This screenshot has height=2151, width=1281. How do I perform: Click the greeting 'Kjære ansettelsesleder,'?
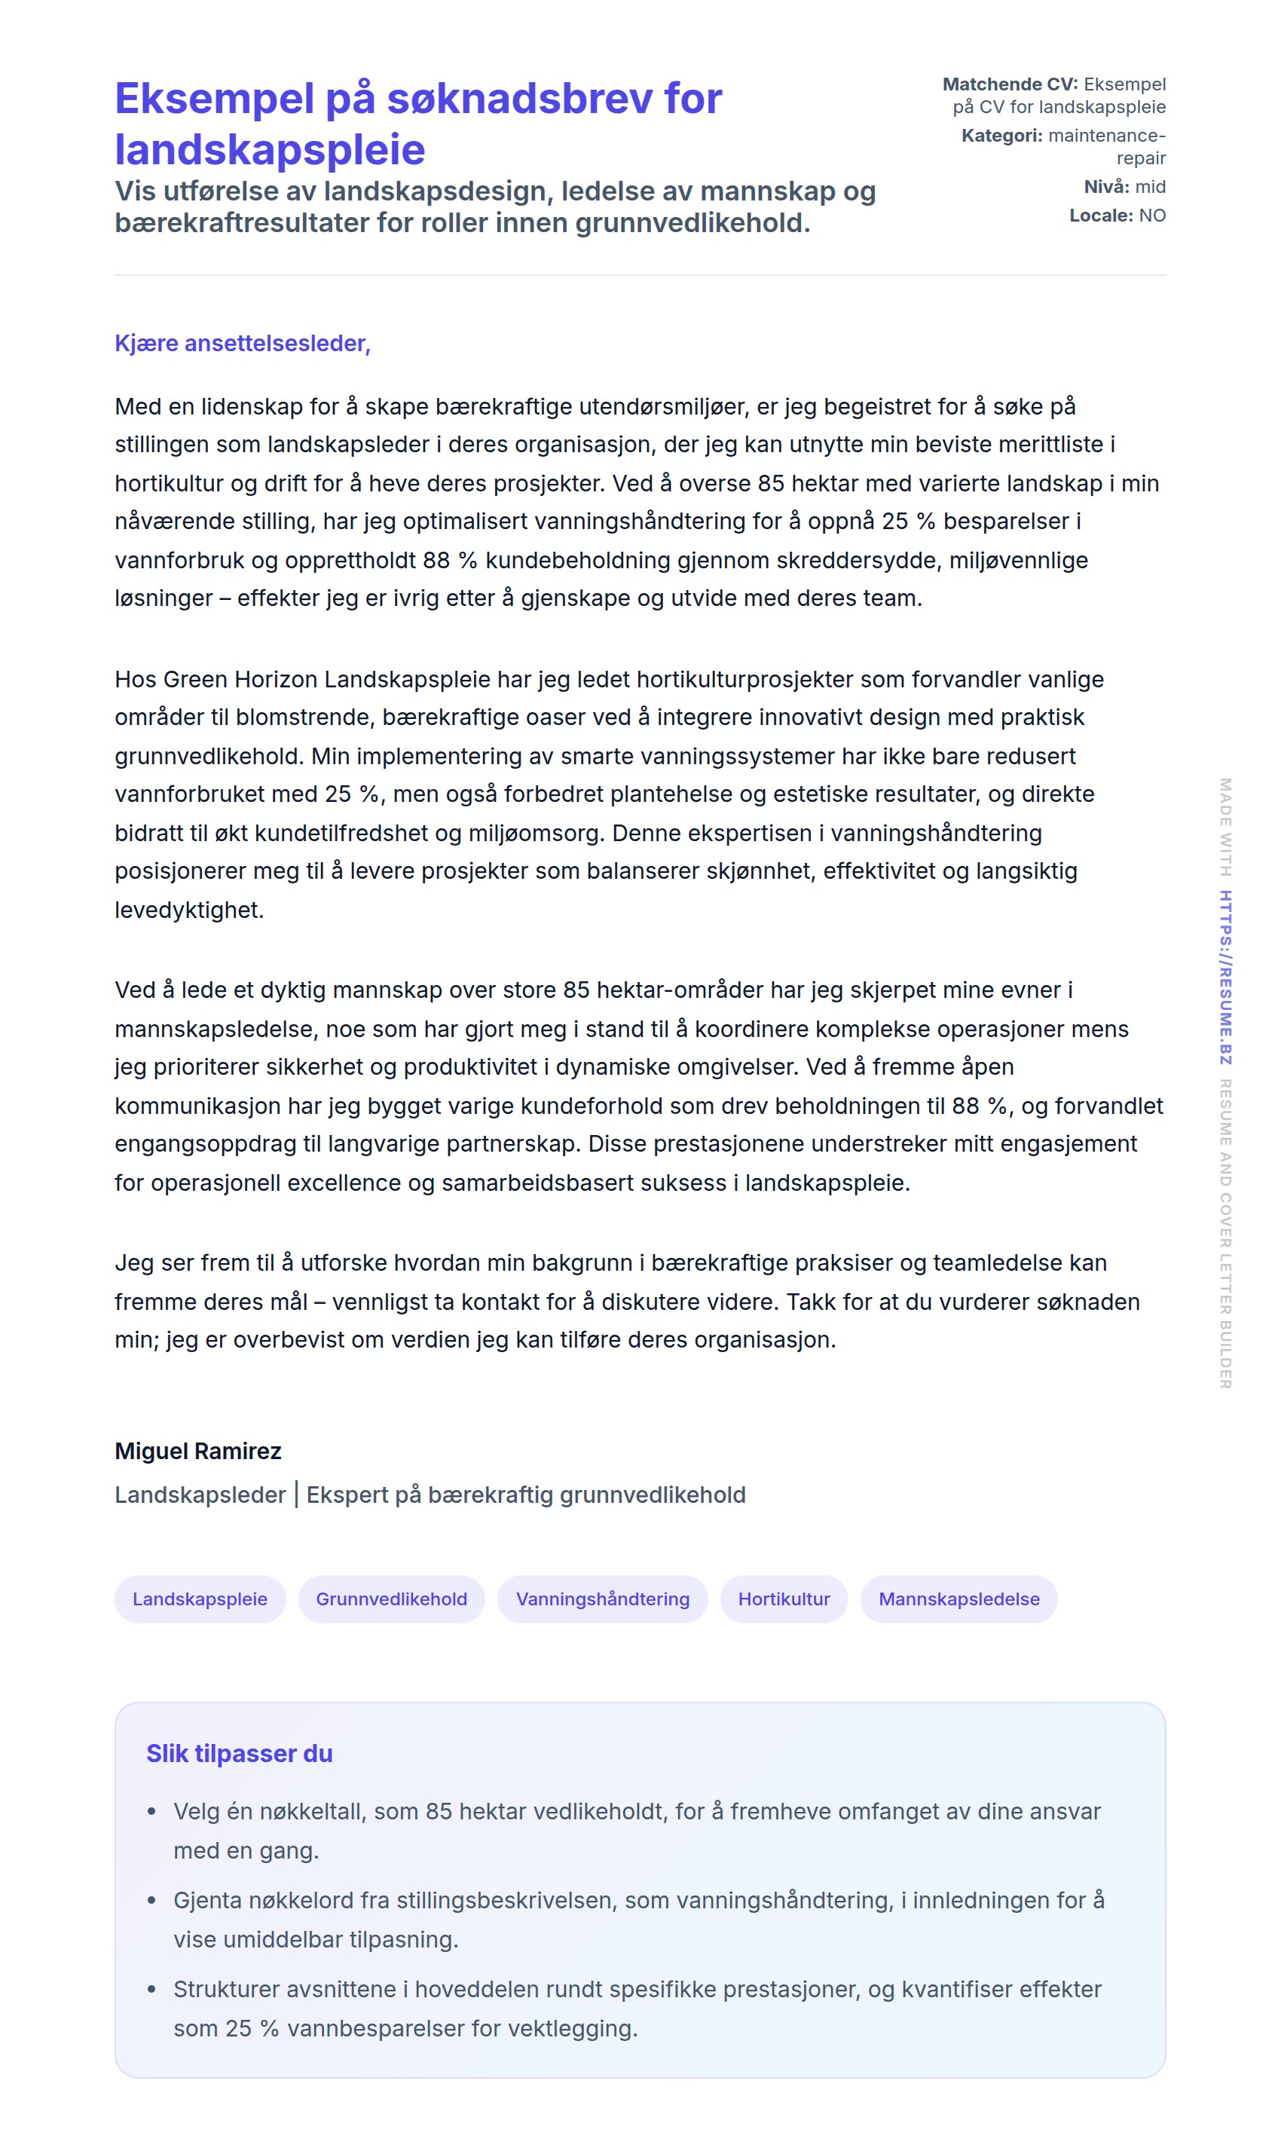click(x=243, y=344)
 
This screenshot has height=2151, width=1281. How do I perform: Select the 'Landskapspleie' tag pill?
click(x=200, y=1599)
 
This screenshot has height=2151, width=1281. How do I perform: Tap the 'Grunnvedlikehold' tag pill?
click(x=391, y=1599)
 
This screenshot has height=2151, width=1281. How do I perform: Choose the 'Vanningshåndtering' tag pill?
click(x=603, y=1599)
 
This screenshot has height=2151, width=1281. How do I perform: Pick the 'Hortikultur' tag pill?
click(x=784, y=1599)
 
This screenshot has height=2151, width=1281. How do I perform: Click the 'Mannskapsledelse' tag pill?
click(x=958, y=1599)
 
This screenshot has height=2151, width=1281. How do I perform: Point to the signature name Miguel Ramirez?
click(x=197, y=1451)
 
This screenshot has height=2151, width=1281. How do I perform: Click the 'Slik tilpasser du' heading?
click(x=239, y=1753)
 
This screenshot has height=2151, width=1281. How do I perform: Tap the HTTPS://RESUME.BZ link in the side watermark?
click(x=1226, y=977)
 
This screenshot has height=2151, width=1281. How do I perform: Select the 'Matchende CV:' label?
click(x=1009, y=84)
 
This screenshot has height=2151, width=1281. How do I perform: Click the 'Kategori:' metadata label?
click(x=1001, y=136)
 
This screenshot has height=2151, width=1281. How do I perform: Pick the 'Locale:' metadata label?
click(x=1101, y=216)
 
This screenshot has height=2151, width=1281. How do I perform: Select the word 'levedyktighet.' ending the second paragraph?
click(x=189, y=910)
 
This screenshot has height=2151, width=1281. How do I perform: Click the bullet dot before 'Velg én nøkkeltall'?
click(x=152, y=1812)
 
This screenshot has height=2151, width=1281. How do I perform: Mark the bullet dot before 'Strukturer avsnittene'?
click(x=152, y=1990)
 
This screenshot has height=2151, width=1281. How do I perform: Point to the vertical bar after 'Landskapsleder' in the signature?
click(x=296, y=1495)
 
